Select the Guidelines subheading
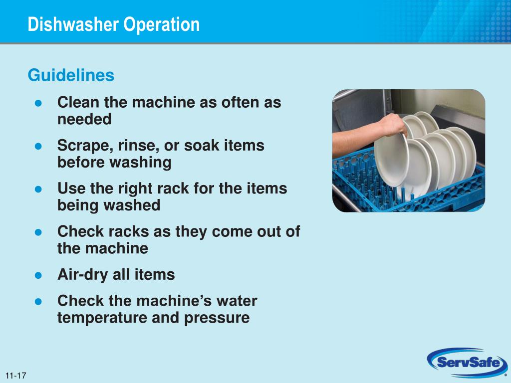tap(71, 75)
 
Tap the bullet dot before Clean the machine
tap(38, 103)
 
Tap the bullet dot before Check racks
tap(38, 232)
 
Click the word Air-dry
tap(82, 275)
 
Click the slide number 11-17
tap(15, 376)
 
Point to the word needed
tap(84, 119)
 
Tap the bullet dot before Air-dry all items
tap(38, 275)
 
